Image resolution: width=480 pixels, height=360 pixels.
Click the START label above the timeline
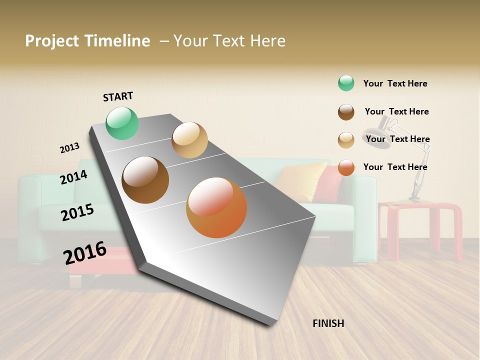point(118,96)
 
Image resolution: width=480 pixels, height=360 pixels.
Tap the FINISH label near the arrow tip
point(328,323)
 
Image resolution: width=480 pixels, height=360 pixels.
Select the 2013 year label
point(69,148)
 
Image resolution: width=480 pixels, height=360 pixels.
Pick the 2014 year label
point(73,177)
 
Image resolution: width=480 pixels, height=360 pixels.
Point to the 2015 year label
point(77,212)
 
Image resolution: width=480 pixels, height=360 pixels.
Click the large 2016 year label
point(85,252)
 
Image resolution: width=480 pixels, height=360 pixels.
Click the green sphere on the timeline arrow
point(122,123)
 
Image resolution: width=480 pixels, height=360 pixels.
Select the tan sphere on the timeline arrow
point(189,140)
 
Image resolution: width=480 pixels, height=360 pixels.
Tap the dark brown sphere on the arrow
point(145,180)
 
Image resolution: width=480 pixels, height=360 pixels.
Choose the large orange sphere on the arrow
point(216,207)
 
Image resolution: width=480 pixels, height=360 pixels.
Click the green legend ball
point(346,83)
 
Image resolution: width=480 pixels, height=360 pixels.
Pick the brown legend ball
point(346,111)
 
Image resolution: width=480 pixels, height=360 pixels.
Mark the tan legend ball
point(346,139)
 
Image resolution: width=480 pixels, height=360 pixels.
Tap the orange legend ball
point(346,167)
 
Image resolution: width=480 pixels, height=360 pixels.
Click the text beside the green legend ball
point(395,83)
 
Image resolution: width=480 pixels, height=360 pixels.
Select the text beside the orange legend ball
point(395,167)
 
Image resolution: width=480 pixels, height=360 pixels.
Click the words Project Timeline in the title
point(87,41)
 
